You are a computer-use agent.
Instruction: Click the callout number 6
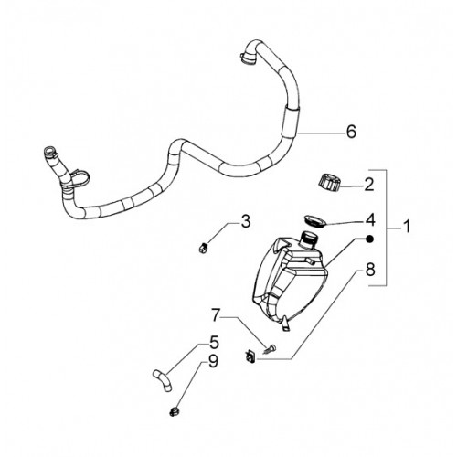pyautogui.click(x=351, y=132)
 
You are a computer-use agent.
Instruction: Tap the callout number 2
pyautogui.click(x=369, y=185)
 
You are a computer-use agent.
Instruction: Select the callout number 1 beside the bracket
pyautogui.click(x=407, y=227)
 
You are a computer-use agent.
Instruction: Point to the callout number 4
pyautogui.click(x=370, y=220)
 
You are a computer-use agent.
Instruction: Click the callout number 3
pyautogui.click(x=246, y=221)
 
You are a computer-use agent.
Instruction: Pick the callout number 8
pyautogui.click(x=370, y=270)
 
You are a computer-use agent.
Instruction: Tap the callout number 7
pyautogui.click(x=216, y=315)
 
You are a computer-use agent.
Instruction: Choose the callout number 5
pyautogui.click(x=214, y=342)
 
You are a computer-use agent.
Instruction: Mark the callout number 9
pyautogui.click(x=213, y=362)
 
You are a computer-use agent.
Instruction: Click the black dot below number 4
pyautogui.click(x=369, y=239)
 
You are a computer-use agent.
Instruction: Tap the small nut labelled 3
pyautogui.click(x=202, y=249)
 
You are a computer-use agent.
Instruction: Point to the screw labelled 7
pyautogui.click(x=270, y=348)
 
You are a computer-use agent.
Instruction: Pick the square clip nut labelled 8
pyautogui.click(x=250, y=356)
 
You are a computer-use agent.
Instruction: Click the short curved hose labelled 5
pyautogui.click(x=163, y=381)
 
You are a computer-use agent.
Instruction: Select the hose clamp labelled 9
pyautogui.click(x=174, y=412)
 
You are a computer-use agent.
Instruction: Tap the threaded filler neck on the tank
pyautogui.click(x=308, y=239)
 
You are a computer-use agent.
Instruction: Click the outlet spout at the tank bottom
pyautogui.click(x=285, y=324)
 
